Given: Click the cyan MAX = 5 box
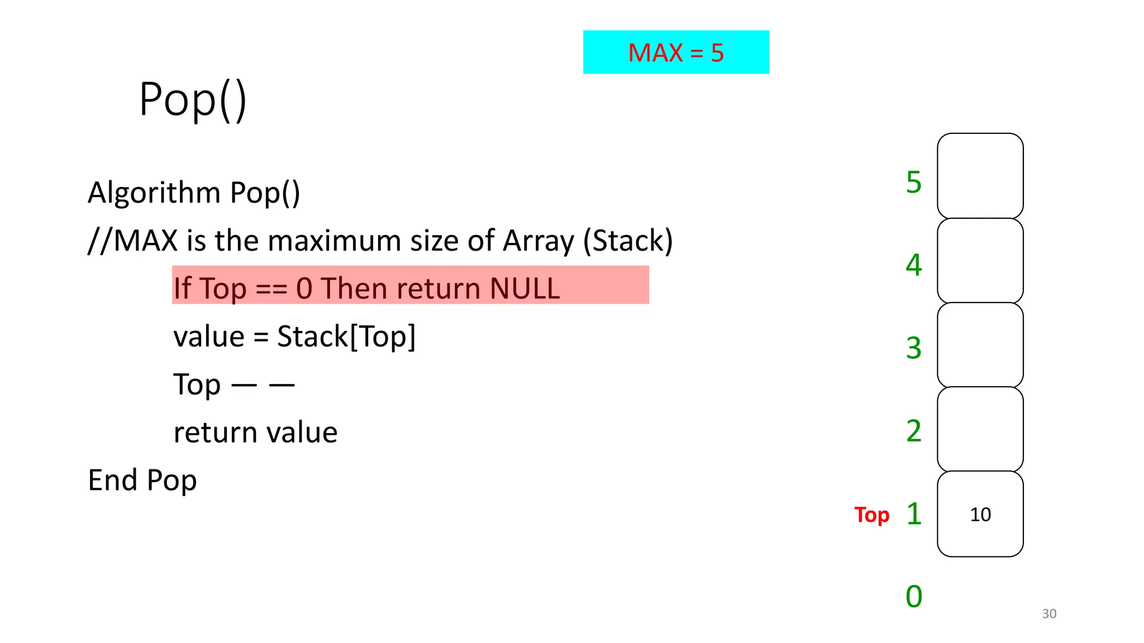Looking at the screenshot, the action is coord(676,52).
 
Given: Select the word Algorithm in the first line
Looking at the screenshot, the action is coord(154,193).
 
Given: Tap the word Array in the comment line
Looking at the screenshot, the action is coord(538,241).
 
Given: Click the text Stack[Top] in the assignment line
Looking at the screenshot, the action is coord(346,337).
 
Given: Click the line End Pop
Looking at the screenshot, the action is coord(142,480).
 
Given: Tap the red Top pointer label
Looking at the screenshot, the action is coord(871,515).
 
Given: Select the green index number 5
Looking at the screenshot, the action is coord(914,182).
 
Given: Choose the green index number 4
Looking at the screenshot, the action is coord(914,265).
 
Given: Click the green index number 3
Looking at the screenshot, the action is coord(914,348).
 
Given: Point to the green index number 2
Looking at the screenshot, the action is coord(914,430).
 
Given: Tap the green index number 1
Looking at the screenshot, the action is coord(914,514).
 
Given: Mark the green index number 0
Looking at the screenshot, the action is coord(914,596).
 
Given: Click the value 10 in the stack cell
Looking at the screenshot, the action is coord(980,514).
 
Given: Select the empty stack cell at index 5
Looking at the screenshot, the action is coord(980,176).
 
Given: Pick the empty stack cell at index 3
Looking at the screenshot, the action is coord(980,345).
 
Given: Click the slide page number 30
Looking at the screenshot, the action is coord(1049,613).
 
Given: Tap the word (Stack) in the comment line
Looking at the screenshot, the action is coord(628,241).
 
